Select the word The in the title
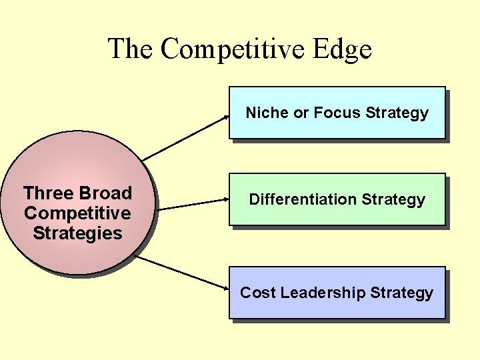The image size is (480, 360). [131, 49]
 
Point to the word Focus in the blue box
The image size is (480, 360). [337, 113]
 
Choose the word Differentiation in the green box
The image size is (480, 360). [303, 199]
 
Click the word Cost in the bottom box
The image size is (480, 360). [258, 293]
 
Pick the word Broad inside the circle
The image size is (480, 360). [107, 193]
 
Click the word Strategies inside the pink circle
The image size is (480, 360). [77, 233]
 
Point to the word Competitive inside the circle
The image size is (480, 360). [77, 213]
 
